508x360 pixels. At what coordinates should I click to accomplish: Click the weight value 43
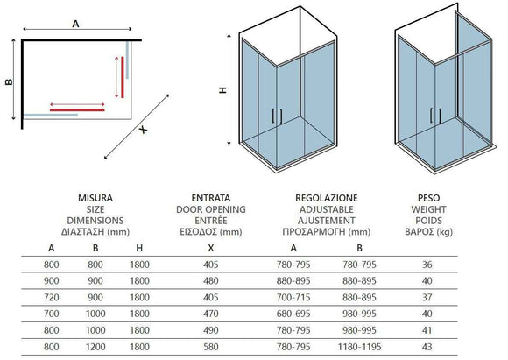pyautogui.click(x=427, y=347)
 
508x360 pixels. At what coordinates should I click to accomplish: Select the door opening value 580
pyautogui.click(x=210, y=347)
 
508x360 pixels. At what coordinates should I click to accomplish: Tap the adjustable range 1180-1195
pyautogui.click(x=359, y=347)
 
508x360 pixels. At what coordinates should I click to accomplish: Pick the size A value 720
pyautogui.click(x=51, y=297)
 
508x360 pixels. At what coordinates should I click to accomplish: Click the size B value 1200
pyautogui.click(x=95, y=347)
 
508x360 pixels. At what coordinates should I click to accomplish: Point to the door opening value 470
pyautogui.click(x=210, y=314)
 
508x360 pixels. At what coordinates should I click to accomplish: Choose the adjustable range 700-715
pyautogui.click(x=293, y=297)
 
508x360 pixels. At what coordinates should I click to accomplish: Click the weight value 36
pyautogui.click(x=427, y=265)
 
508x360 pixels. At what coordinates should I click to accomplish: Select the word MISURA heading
pyautogui.click(x=95, y=198)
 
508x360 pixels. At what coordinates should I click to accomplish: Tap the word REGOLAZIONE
pyautogui.click(x=326, y=198)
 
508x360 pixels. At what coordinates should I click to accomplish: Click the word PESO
pyautogui.click(x=428, y=198)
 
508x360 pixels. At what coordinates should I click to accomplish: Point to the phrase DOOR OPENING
pyautogui.click(x=210, y=209)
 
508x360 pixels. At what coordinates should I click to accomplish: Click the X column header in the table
pyautogui.click(x=210, y=248)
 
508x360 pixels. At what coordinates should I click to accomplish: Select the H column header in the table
pyautogui.click(x=139, y=248)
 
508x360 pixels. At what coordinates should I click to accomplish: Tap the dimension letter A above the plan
pyautogui.click(x=75, y=24)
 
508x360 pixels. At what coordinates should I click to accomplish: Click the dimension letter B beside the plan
pyautogui.click(x=10, y=81)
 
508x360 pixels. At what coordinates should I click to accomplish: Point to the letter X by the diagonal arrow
pyautogui.click(x=143, y=130)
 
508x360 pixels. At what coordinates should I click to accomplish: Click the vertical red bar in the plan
pyautogui.click(x=123, y=77)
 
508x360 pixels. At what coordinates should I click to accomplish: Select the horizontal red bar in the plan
pyautogui.click(x=77, y=109)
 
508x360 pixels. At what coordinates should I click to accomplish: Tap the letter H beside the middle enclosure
pyautogui.click(x=222, y=89)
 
